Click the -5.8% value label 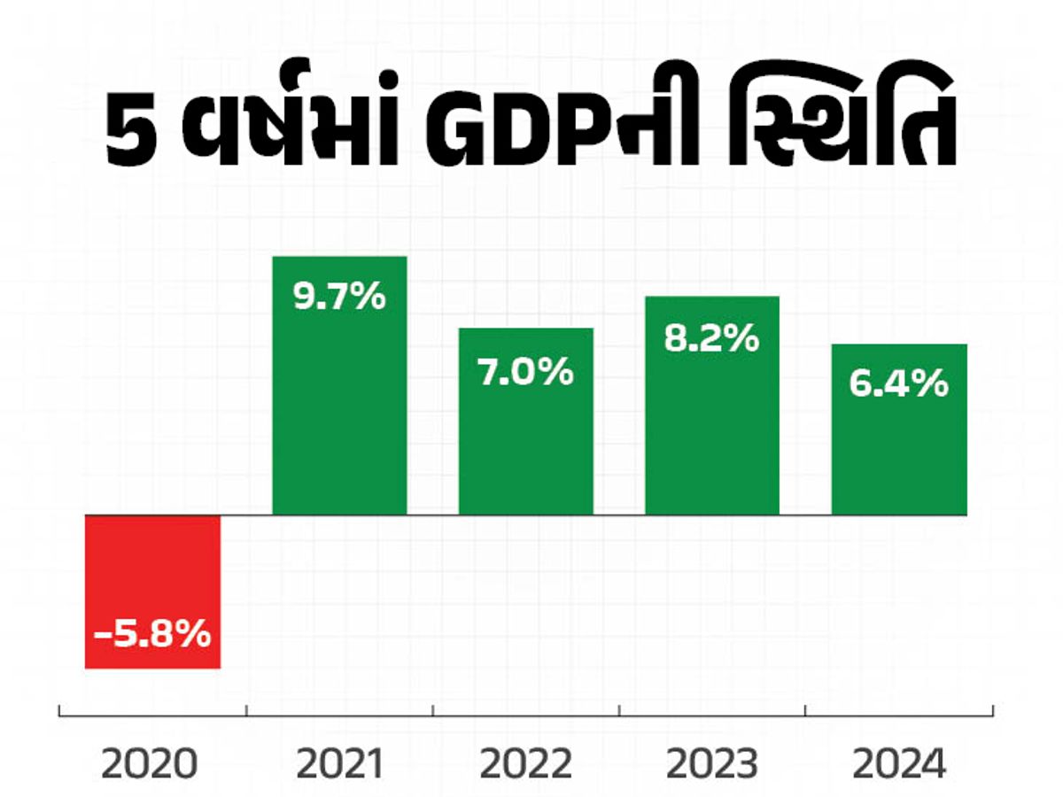(x=152, y=634)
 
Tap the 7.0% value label (x=526, y=373)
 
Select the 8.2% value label (x=712, y=337)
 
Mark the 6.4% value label (x=899, y=385)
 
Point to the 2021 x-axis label (x=339, y=764)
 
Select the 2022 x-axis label (x=526, y=764)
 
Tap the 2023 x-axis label (x=713, y=764)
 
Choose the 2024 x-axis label (x=900, y=764)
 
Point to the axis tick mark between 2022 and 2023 (x=619, y=710)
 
